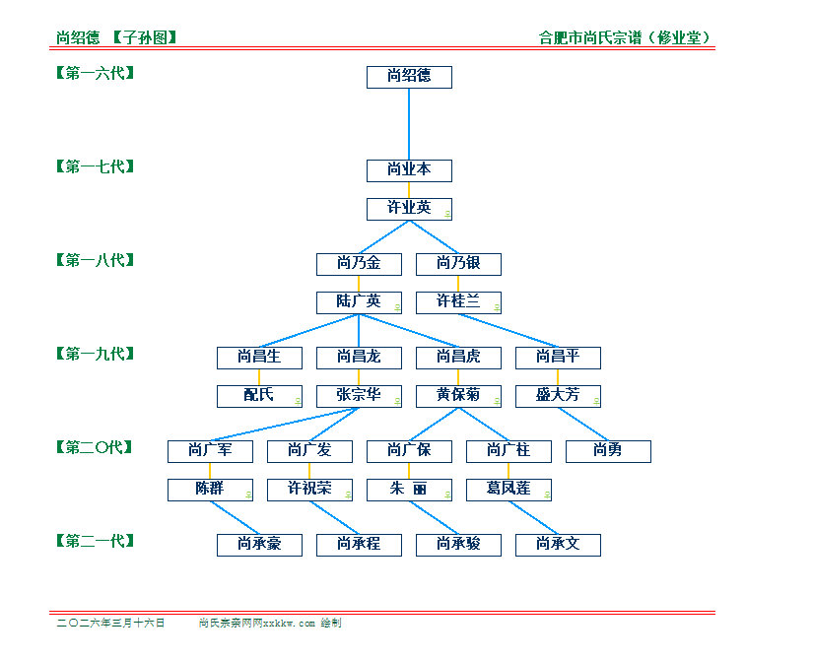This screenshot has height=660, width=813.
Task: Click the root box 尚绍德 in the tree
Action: [409, 77]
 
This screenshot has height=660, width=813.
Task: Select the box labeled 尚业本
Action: [409, 170]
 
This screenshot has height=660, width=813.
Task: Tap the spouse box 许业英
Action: [409, 209]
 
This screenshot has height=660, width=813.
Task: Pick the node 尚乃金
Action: [359, 264]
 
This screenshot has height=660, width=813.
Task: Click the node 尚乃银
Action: [458, 264]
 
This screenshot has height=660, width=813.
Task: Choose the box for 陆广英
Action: [359, 302]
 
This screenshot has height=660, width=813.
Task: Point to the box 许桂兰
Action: [458, 302]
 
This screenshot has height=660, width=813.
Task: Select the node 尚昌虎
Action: [458, 358]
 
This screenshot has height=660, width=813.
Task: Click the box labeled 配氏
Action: [259, 396]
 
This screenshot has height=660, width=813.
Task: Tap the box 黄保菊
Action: [458, 396]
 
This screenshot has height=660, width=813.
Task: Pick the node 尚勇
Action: [608, 451]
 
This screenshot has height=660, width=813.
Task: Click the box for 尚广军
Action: [210, 451]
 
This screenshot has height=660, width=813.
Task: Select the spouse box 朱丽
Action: [409, 490]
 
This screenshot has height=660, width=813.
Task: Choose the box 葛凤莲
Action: [508, 490]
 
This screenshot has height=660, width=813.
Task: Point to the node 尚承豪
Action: [259, 545]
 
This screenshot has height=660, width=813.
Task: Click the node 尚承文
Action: [558, 545]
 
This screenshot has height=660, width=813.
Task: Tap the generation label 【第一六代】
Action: [95, 73]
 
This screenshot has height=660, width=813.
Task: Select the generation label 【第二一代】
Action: [95, 541]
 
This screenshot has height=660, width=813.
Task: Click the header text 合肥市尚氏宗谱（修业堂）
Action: [626, 38]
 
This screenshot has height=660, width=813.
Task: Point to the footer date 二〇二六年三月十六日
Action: [111, 624]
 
